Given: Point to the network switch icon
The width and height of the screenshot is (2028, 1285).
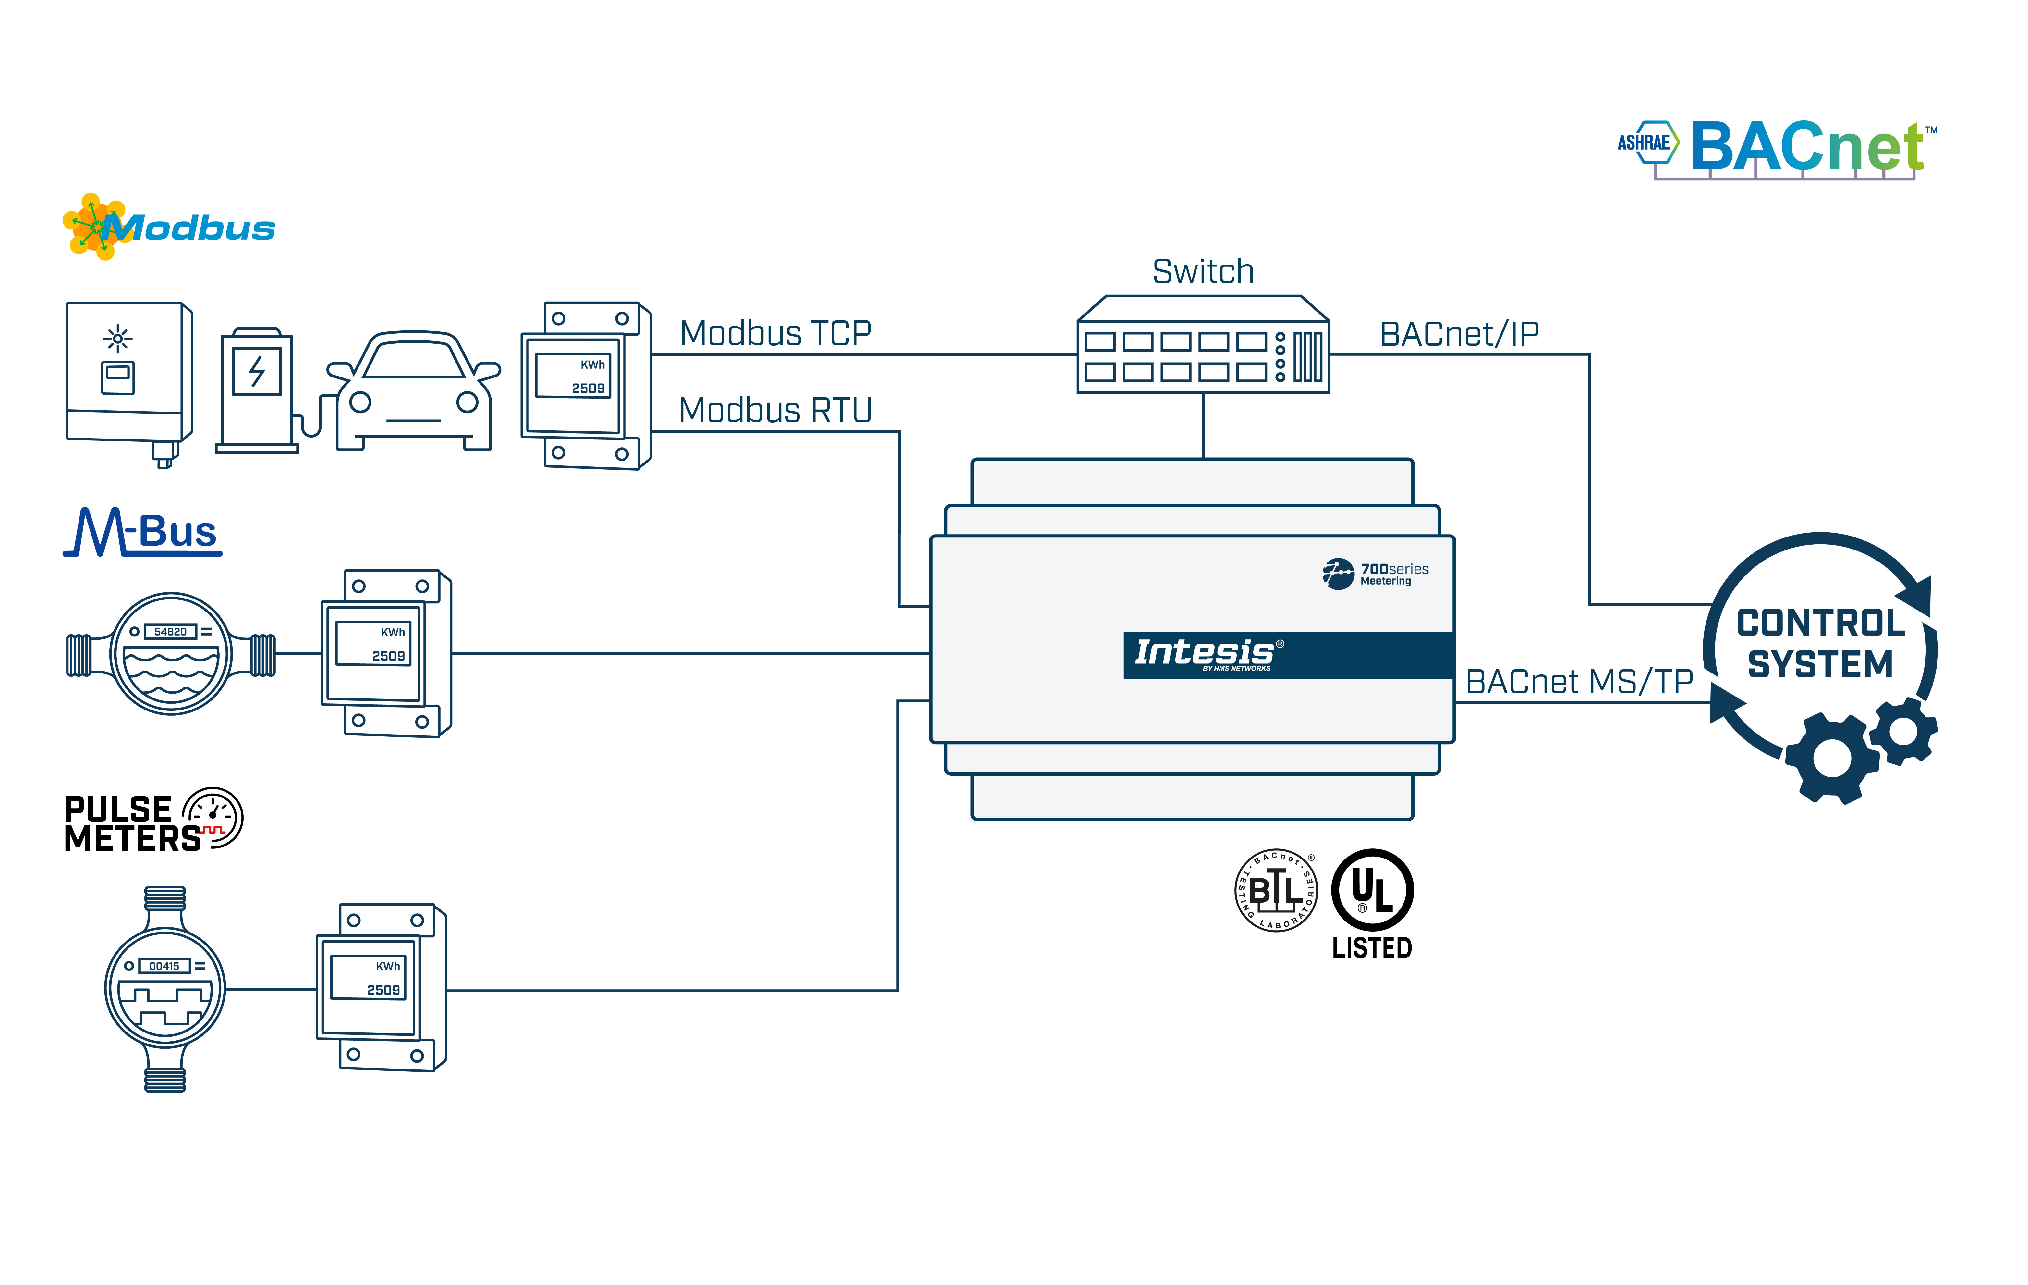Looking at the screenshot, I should [x=1203, y=345].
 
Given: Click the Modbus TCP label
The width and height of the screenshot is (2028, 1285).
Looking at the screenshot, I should [x=775, y=334].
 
